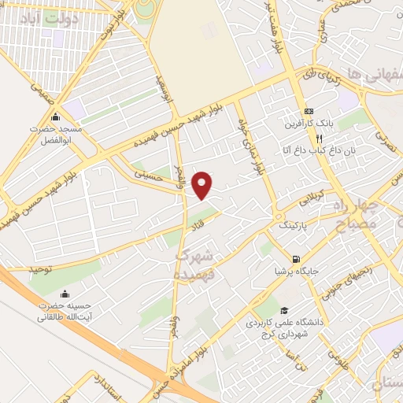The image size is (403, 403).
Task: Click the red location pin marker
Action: tap(204, 184)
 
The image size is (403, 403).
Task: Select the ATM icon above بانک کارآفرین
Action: tap(309, 111)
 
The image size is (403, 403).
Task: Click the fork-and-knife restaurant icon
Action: tap(298, 135)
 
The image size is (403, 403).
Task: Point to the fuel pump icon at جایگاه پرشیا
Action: tap(295, 259)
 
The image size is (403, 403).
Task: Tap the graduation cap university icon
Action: tap(283, 310)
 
